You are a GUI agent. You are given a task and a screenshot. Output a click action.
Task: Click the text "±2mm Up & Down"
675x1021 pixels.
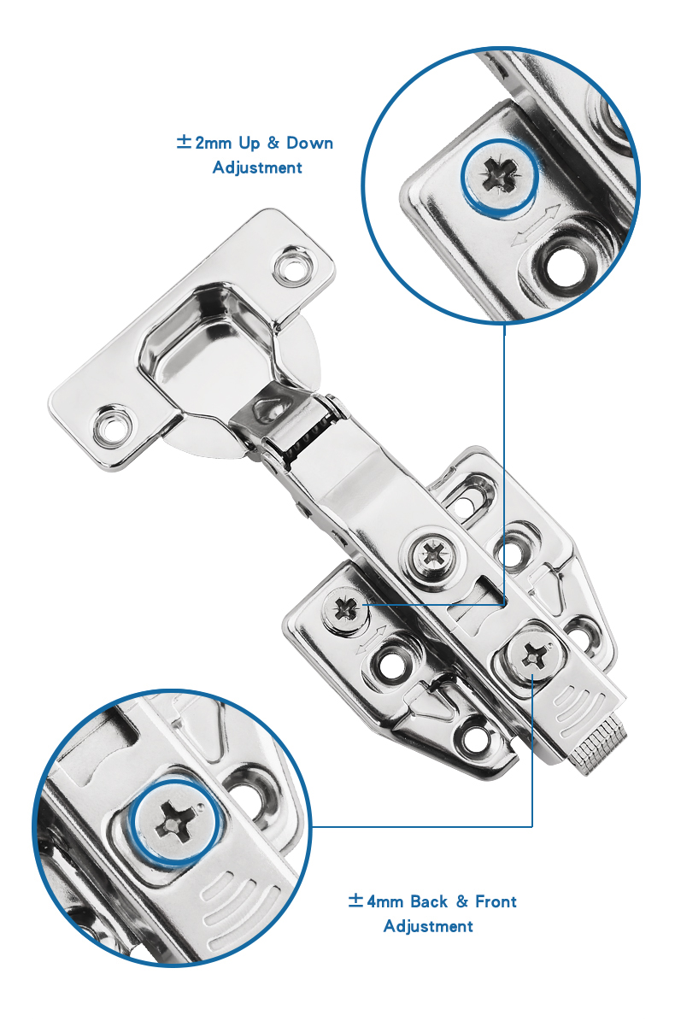click(x=255, y=143)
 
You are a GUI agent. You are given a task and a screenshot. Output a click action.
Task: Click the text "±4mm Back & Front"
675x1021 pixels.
click(x=432, y=901)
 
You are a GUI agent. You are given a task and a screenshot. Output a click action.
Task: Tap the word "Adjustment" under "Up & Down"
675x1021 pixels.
click(x=257, y=167)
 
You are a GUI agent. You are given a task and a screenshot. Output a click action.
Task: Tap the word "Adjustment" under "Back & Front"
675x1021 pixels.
click(x=428, y=926)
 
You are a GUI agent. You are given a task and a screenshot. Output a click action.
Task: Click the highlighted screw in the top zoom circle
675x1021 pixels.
click(x=499, y=175)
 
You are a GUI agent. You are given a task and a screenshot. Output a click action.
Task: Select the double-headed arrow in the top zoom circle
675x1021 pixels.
click(x=535, y=226)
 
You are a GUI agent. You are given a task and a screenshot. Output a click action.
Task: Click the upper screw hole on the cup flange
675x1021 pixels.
click(x=291, y=267)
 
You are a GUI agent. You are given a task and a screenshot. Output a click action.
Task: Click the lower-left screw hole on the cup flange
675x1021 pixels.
click(x=111, y=425)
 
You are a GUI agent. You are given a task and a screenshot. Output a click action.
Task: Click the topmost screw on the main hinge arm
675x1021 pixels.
click(x=432, y=556)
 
